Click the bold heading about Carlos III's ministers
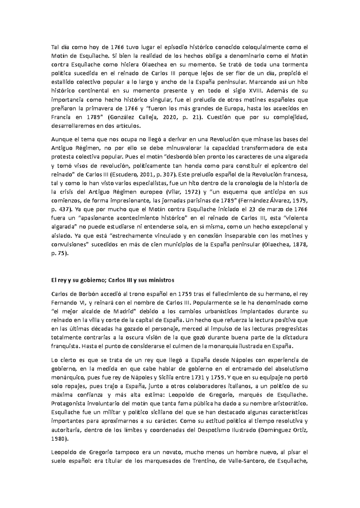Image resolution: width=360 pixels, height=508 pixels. pos(113,280)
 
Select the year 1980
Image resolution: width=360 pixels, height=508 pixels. pos(59,438)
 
